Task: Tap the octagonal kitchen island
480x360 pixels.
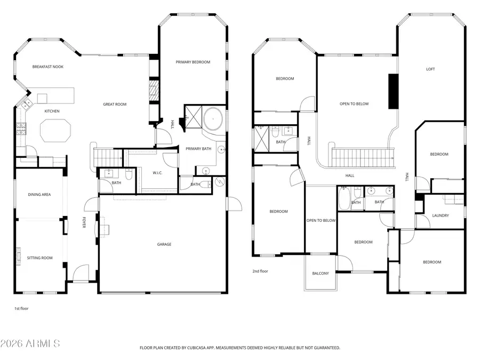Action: tap(55, 131)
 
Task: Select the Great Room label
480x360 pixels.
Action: tap(115, 105)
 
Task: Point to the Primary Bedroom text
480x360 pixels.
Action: tap(193, 62)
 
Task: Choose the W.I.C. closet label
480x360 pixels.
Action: tap(157, 172)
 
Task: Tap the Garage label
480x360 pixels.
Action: tap(164, 244)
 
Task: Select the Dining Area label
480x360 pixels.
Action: tap(39, 195)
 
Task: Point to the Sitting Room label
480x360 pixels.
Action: tap(40, 258)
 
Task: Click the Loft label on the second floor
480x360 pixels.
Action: tap(430, 69)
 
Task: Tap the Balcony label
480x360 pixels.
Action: tap(321, 274)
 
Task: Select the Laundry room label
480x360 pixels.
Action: tap(440, 216)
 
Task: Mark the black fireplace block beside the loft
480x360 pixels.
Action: tap(394, 91)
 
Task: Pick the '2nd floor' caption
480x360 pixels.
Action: tap(260, 271)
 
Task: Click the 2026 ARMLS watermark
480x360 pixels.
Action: tap(30, 343)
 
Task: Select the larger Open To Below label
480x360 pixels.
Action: tap(354, 104)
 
